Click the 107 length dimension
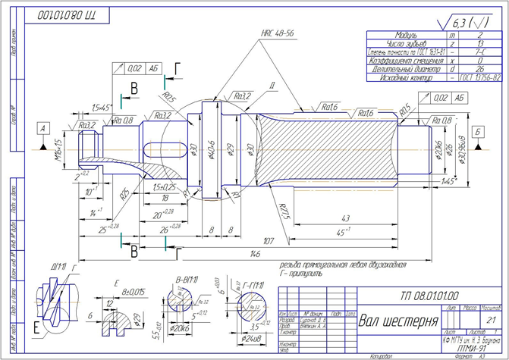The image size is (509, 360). coord(269,242)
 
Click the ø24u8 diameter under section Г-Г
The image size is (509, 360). coord(250,339)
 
